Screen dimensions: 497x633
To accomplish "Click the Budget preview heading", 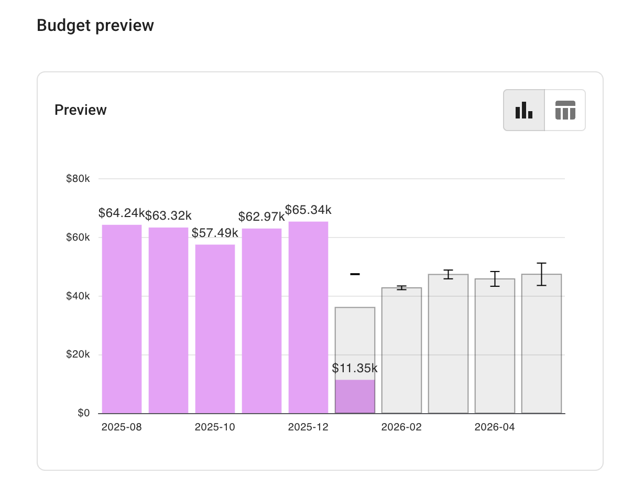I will point(95,25).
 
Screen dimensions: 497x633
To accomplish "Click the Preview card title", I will point(81,110).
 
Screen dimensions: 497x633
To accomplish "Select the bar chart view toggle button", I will point(524,110).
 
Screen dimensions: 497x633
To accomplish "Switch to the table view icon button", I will point(565,110).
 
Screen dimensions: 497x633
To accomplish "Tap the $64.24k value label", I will point(122,213).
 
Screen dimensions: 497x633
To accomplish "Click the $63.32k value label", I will point(168,215).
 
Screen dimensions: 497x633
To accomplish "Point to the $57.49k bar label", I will point(215,233).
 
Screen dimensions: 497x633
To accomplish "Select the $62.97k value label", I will point(261,217).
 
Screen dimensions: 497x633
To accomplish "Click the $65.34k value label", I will point(308,210).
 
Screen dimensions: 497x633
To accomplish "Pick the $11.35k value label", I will point(355,368).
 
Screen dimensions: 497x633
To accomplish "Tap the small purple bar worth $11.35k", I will point(355,396).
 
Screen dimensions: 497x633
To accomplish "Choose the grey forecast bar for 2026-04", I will point(495,346).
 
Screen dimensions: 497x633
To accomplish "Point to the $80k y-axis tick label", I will point(78,179).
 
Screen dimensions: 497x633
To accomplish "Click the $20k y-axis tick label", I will point(78,355).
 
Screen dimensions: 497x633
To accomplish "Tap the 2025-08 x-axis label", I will point(122,427).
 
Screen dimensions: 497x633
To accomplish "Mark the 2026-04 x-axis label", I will point(495,427).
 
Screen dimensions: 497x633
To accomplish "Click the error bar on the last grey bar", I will point(541,274).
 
